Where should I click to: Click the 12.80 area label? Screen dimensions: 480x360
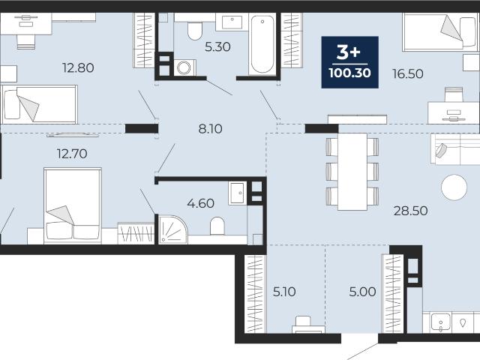(78, 67)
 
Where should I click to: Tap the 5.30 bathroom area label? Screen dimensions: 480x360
(217, 46)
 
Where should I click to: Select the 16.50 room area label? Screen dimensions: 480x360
(408, 73)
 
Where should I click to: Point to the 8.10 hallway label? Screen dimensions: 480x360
(210, 129)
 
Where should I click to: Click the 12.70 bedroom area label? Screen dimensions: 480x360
(72, 153)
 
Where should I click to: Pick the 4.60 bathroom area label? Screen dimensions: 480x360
(200, 203)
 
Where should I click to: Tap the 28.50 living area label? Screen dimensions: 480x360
(410, 211)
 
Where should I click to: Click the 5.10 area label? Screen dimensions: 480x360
(284, 292)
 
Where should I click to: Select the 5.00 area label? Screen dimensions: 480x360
(362, 292)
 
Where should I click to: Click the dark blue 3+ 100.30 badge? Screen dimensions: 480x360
(350, 62)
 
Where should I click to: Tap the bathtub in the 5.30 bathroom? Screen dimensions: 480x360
(262, 44)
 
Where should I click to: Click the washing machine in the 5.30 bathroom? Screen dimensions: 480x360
(184, 67)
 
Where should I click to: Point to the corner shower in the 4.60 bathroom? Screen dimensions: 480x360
(172, 229)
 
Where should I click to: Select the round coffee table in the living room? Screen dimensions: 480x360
(454, 187)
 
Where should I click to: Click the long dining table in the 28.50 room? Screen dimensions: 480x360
(352, 172)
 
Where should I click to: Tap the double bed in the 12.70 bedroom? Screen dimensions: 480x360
(73, 205)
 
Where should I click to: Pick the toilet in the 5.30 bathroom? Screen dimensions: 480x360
(195, 31)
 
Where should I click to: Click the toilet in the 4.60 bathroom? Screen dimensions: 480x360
(217, 226)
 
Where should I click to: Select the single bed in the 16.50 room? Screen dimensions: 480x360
(440, 31)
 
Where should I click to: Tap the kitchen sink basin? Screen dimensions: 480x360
(441, 322)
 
